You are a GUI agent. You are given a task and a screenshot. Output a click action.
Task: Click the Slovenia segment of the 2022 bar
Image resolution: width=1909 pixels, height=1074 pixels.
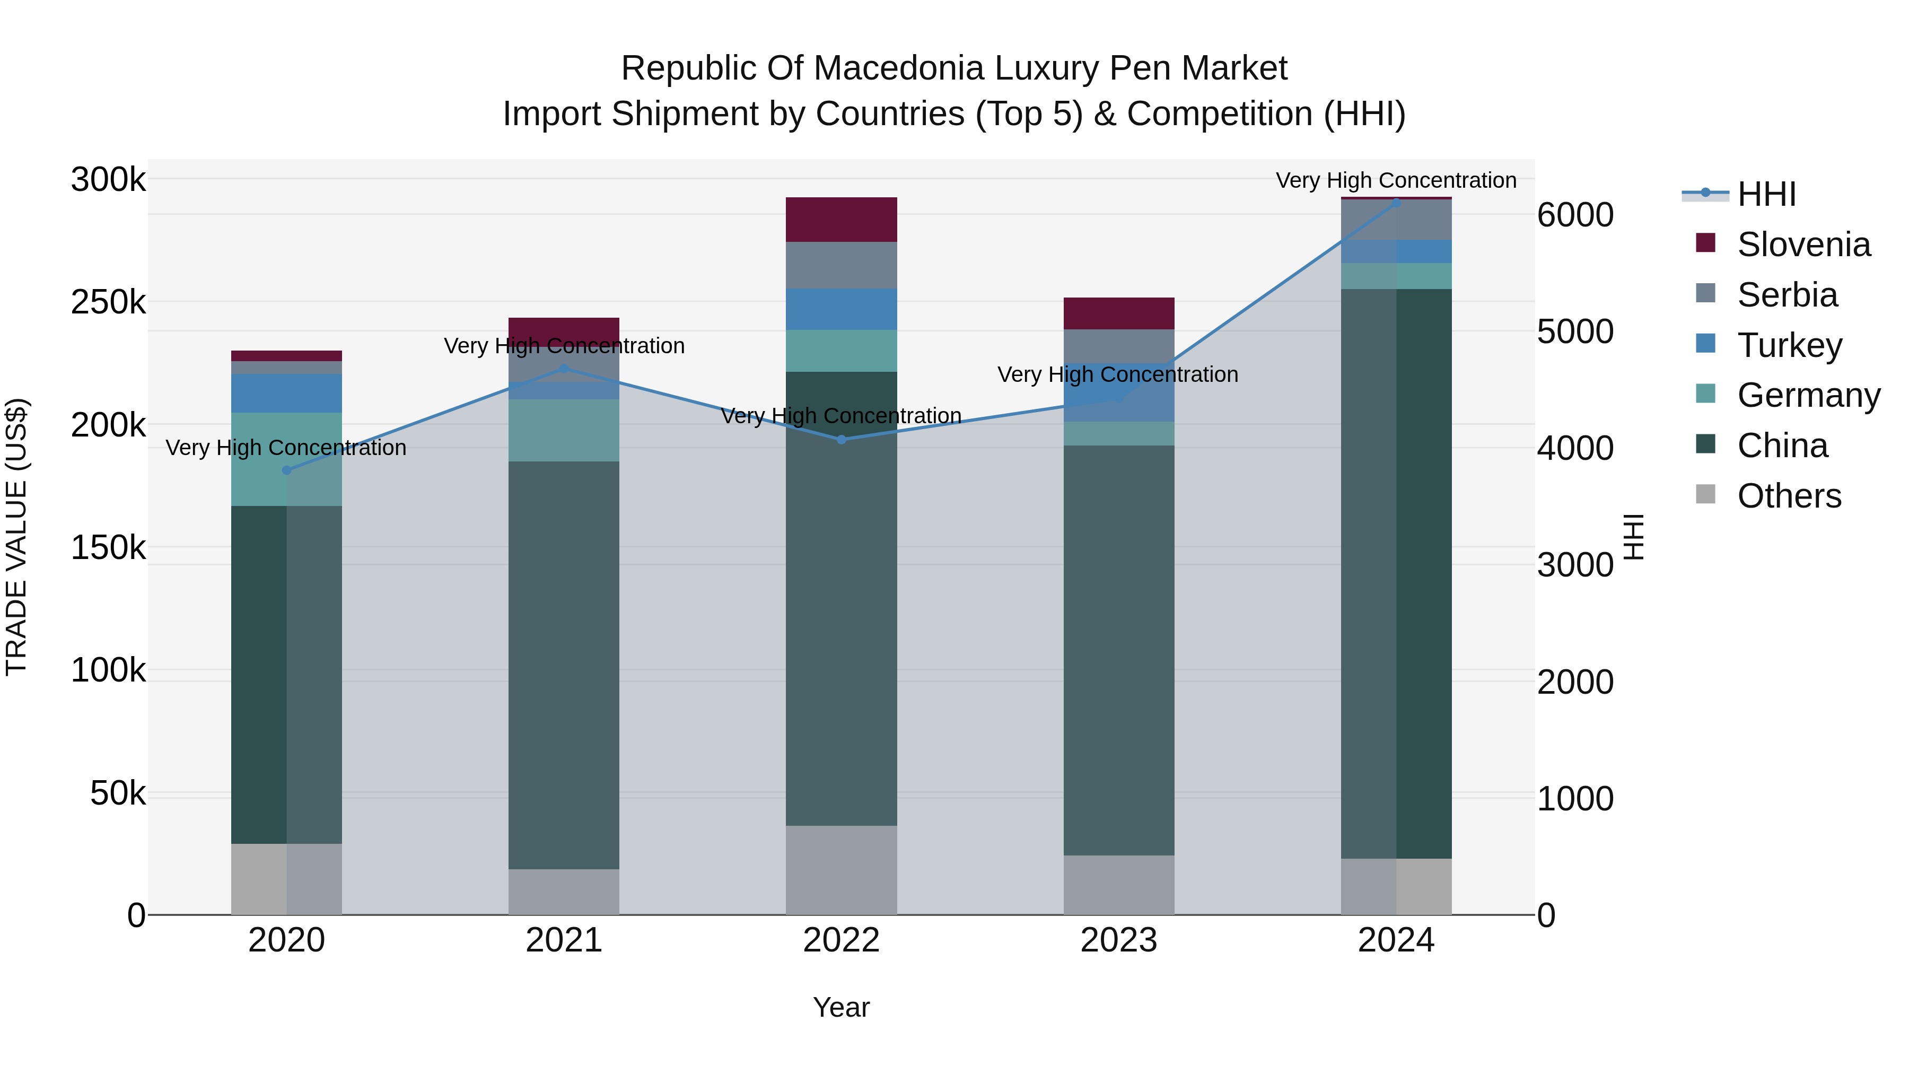[841, 220]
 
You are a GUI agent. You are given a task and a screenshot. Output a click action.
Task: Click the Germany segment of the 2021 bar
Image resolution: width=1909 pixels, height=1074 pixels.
[563, 431]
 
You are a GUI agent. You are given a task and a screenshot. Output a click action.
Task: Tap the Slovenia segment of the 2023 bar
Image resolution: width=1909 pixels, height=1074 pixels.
[1119, 313]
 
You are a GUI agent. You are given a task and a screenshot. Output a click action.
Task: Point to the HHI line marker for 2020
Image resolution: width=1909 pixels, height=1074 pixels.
[287, 470]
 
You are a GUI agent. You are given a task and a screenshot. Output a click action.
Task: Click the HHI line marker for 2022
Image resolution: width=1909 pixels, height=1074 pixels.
[841, 440]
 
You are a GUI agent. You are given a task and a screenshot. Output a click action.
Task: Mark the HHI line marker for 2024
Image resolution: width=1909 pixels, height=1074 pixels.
[1396, 203]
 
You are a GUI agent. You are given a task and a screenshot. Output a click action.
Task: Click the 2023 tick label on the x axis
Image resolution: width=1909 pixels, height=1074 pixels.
[1119, 940]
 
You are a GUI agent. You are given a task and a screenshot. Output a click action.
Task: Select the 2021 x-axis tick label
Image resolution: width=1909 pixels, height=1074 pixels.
[563, 940]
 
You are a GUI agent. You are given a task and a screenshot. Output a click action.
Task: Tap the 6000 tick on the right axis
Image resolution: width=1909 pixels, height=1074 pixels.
[1575, 215]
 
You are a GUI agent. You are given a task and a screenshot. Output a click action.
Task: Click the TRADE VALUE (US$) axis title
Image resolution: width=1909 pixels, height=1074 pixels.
[16, 537]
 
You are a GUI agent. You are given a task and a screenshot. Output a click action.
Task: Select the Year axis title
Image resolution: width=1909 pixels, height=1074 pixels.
[841, 1007]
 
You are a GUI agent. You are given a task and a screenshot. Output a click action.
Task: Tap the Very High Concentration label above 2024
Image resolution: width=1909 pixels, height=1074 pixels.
[1396, 180]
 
